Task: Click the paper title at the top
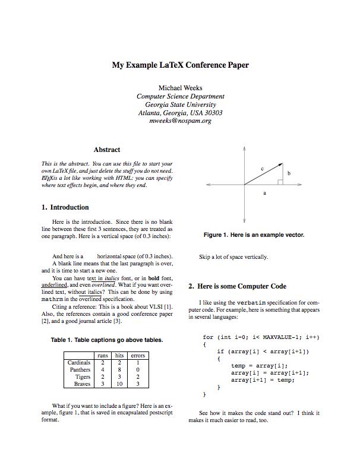click(180, 65)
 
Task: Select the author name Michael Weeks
click(180, 88)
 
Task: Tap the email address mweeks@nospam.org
click(180, 121)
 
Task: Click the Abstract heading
click(107, 150)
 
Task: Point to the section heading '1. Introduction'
click(65, 208)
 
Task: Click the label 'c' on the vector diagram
click(262, 169)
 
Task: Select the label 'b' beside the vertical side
click(289, 173)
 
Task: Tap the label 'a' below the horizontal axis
click(264, 193)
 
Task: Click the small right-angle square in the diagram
click(280, 182)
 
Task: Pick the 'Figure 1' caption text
click(254, 235)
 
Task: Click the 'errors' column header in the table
click(138, 355)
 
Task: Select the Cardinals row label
click(79, 362)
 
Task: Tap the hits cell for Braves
click(119, 384)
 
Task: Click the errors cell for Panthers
click(138, 369)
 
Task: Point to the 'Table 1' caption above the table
click(107, 340)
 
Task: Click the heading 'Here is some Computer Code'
click(237, 286)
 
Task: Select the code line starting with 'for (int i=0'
click(261, 337)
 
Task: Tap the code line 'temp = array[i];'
click(259, 366)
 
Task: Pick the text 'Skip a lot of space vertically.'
click(233, 257)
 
